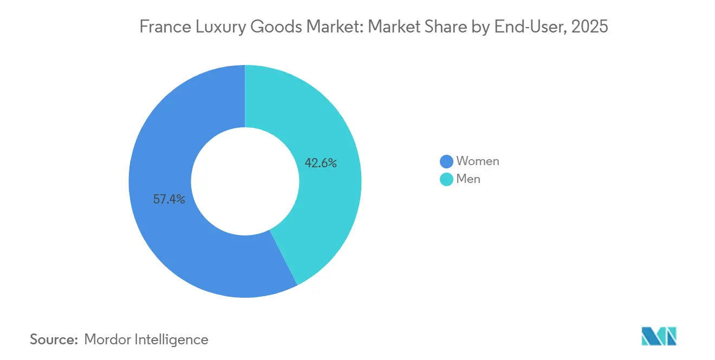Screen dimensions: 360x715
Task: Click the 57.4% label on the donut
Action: click(x=169, y=200)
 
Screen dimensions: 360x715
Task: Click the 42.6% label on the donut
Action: click(x=321, y=163)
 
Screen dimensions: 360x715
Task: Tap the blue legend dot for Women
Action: click(x=446, y=161)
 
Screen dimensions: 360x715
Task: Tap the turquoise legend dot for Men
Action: click(x=446, y=179)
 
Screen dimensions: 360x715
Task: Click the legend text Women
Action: click(x=477, y=161)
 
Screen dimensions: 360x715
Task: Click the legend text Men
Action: click(x=468, y=179)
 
